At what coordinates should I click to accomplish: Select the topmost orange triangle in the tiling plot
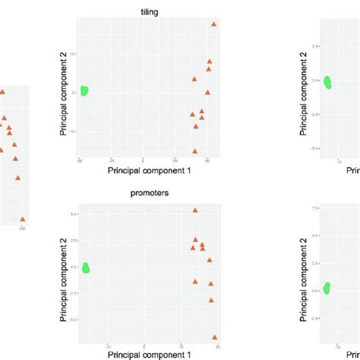[x=214, y=24]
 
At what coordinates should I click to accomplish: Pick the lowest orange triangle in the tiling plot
[x=195, y=150]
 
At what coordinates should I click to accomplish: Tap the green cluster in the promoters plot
[x=85, y=267]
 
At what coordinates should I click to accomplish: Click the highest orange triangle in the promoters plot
[x=195, y=210]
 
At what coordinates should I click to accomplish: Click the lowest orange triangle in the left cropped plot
[x=23, y=217]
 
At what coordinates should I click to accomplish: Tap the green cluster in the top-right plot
[x=327, y=82]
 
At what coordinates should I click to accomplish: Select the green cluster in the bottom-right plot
[x=327, y=288]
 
